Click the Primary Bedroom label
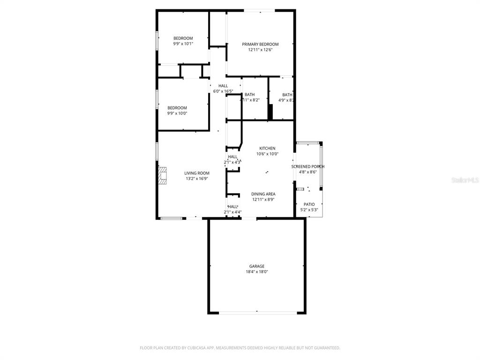[x=260, y=45]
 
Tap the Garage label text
[x=257, y=266]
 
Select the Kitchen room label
[x=267, y=149]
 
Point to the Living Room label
[x=197, y=173]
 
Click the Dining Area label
[x=263, y=194]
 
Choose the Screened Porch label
[x=308, y=166]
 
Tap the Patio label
[x=309, y=204]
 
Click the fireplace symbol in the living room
[x=162, y=176]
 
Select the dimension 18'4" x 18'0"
[x=257, y=272]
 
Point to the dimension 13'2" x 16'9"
[x=197, y=179]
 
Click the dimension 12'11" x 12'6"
[x=260, y=50]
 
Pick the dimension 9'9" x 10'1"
[x=183, y=44]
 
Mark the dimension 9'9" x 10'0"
[x=177, y=113]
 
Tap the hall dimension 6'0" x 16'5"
[x=223, y=91]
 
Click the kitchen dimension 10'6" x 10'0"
[x=267, y=154]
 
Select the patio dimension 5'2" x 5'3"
[x=309, y=210]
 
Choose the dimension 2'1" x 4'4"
[x=232, y=212]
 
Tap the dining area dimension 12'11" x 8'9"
[x=263, y=199]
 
